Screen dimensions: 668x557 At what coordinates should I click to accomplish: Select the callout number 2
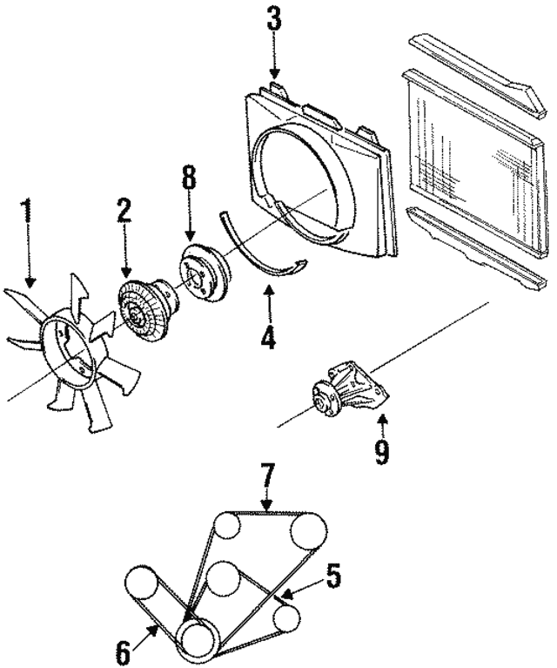point(124,211)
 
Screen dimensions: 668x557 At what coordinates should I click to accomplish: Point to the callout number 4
point(268,335)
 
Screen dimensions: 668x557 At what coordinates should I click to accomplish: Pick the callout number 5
point(333,576)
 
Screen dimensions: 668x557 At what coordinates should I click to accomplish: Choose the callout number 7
point(268,476)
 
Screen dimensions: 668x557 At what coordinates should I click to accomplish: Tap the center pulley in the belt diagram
point(226,577)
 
